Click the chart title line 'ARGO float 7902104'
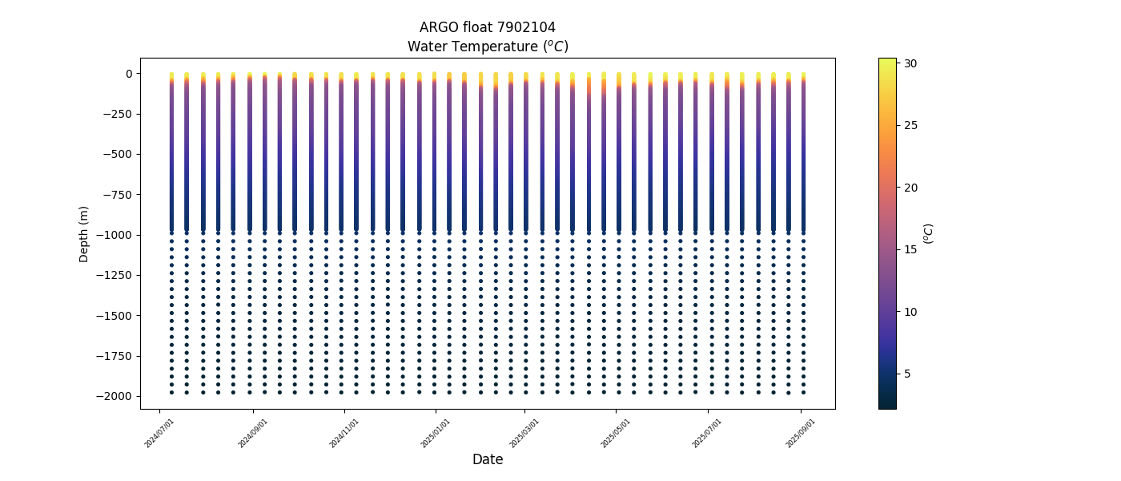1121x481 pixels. [x=487, y=27]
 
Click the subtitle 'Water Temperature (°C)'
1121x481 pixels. [x=487, y=46]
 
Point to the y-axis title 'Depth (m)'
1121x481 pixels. [x=84, y=233]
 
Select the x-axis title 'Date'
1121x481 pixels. [x=487, y=459]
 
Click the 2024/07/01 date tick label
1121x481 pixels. [x=160, y=433]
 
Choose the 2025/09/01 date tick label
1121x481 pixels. [x=801, y=433]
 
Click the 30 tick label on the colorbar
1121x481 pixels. [x=911, y=63]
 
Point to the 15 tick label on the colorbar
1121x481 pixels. [x=911, y=249]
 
